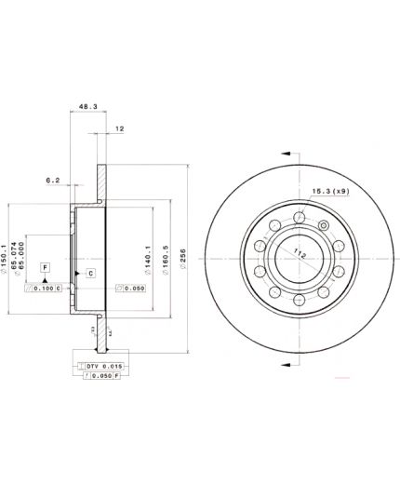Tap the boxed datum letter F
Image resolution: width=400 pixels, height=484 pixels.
(44, 267)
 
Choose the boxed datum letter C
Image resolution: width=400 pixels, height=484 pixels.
(90, 273)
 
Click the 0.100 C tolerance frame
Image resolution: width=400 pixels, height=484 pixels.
(45, 289)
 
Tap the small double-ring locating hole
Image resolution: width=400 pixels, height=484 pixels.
(324, 224)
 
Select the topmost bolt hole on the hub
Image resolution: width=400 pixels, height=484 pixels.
(298, 218)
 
